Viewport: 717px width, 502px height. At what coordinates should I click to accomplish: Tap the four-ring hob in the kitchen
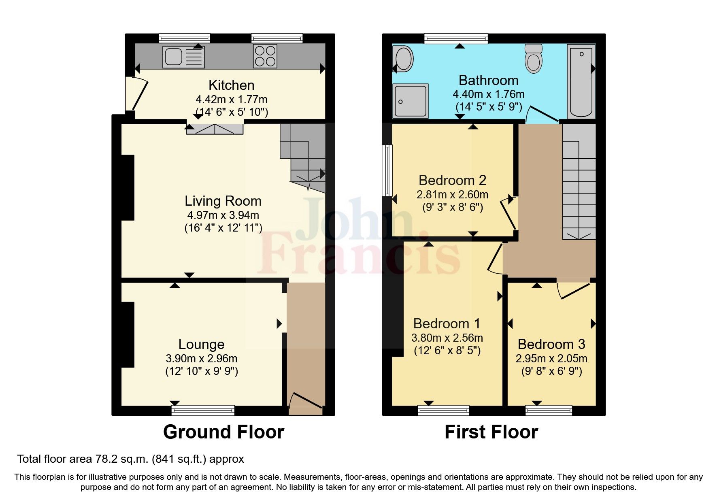coord(265,56)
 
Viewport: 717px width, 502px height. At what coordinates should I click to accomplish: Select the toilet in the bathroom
coord(534,59)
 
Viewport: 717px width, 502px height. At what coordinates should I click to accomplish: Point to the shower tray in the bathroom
coord(410,101)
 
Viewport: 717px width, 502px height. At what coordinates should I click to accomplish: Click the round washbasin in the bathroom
coord(403,59)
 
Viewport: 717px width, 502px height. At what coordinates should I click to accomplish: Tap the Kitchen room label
coord(231,85)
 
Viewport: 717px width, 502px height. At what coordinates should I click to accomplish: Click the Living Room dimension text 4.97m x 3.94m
coord(223,215)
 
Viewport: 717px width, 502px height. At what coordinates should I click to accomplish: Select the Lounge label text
coord(201,344)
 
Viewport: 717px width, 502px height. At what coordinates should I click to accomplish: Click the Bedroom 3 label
coord(551,344)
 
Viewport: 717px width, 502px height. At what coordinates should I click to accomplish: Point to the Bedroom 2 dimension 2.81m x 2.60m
coord(452,195)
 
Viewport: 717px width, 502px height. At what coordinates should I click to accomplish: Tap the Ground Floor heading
coord(223,432)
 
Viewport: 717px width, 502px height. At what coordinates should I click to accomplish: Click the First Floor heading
coord(491,432)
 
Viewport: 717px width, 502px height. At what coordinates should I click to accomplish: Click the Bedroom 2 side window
coord(388,170)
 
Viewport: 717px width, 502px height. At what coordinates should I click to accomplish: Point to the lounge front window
coord(203,411)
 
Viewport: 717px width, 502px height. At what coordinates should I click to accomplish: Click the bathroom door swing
coord(543,115)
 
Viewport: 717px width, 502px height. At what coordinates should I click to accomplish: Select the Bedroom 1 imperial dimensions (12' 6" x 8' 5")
coord(447,351)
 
